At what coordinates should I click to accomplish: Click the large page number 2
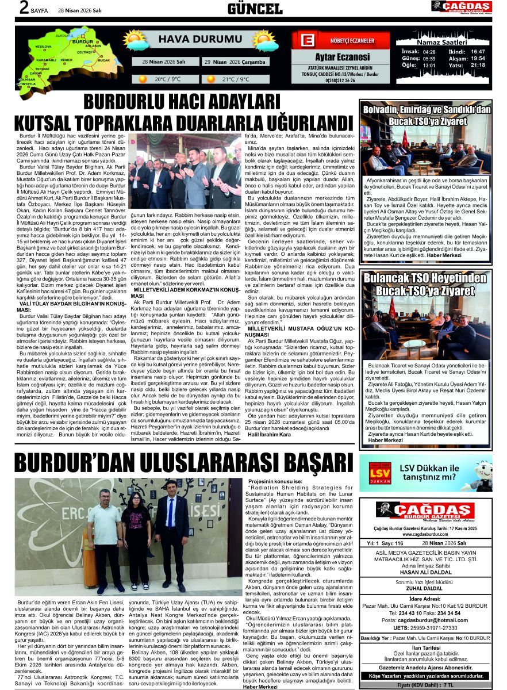pos(24,8)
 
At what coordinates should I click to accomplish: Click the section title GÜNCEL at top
pos(255,8)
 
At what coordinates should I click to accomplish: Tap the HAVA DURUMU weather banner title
pos(192,39)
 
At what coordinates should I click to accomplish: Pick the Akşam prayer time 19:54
pos(478,58)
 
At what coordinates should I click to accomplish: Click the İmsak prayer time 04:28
pos(429,51)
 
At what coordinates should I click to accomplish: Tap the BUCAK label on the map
pos(104,60)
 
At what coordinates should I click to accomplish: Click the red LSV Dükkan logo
pos(381,473)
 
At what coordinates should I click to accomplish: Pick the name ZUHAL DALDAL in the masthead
pos(425,589)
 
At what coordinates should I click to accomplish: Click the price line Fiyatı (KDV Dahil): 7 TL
pos(425,685)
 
